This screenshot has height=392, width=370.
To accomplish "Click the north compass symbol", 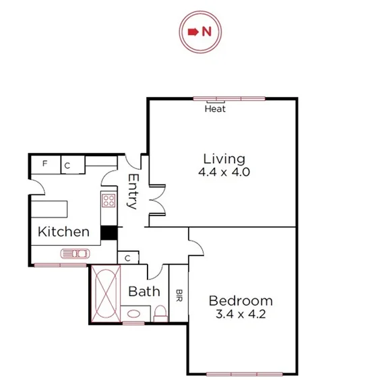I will (199, 31).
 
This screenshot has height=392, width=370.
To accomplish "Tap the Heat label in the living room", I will (215, 108).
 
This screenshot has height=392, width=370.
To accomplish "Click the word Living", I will (224, 159).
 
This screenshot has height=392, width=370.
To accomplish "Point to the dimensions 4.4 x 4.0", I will (224, 172).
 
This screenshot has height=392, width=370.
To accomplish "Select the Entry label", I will (133, 192).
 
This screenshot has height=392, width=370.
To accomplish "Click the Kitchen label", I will (63, 232).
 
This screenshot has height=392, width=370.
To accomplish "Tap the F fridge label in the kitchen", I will (45, 164).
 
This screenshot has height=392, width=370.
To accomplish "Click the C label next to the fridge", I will (67, 164).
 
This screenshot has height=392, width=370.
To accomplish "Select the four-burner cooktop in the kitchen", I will (108, 199).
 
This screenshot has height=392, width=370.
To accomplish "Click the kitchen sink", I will (74, 253).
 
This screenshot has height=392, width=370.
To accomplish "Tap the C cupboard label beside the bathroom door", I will (128, 258).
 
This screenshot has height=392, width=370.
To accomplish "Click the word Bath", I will (144, 292).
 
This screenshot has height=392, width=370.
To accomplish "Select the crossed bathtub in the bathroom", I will (105, 293).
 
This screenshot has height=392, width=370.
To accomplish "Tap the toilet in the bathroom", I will (160, 312).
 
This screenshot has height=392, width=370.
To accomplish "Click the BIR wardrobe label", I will (179, 295).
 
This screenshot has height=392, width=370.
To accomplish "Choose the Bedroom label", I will (241, 300).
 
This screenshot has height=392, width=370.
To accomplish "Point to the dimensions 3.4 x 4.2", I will (241, 314).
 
